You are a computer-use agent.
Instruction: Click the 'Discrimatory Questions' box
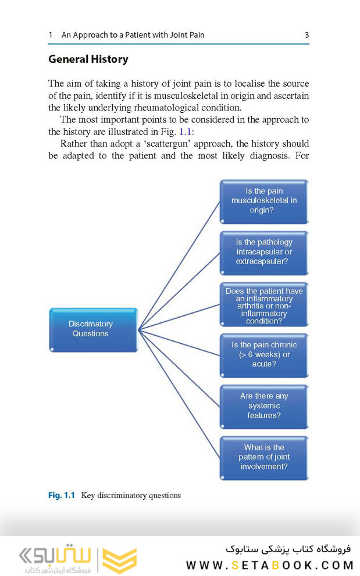[x=94, y=329]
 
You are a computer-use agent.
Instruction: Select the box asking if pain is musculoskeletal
[x=263, y=201]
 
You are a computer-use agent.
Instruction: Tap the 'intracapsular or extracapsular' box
[x=263, y=252]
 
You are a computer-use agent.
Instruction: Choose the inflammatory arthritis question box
[x=263, y=304]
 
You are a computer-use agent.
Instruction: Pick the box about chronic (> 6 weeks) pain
[x=263, y=354]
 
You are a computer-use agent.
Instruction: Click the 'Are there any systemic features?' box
[x=263, y=406]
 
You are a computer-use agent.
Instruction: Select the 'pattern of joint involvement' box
[x=263, y=457]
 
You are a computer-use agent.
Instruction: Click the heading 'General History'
[x=88, y=59]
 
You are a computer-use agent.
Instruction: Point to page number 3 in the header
[x=306, y=35]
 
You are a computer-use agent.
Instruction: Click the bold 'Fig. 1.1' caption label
[x=61, y=496]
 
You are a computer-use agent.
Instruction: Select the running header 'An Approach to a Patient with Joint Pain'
[x=133, y=35]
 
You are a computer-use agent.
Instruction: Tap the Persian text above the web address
[x=288, y=549]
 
